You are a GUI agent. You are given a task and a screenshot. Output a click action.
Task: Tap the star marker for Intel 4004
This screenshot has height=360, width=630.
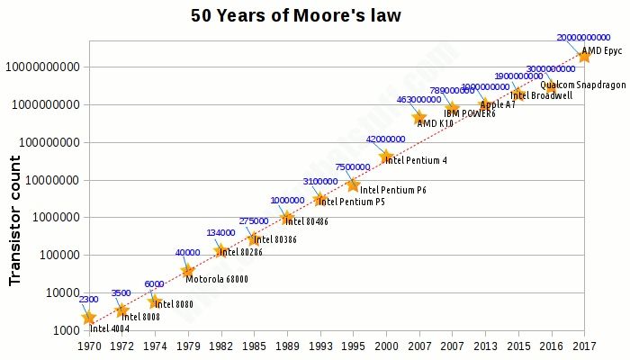88,318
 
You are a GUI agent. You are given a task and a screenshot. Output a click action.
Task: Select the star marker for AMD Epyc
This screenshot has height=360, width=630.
584,56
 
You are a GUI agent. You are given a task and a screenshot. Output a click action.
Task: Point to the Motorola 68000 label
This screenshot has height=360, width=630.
216,279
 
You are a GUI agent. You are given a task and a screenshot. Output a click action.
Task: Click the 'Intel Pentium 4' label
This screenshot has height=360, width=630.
416,161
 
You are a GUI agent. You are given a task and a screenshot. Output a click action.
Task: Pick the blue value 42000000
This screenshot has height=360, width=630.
385,139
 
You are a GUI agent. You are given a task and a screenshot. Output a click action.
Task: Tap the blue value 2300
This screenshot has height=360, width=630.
88,299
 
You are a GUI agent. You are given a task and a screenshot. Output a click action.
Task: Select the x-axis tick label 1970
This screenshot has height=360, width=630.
88,345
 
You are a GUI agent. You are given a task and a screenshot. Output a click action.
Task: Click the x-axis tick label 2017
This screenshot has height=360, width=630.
584,345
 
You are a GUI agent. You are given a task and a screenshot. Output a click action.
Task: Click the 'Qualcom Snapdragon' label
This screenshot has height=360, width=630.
582,85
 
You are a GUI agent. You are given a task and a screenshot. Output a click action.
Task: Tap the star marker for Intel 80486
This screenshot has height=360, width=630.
287,218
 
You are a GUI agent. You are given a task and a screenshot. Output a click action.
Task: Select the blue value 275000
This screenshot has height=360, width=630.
253,221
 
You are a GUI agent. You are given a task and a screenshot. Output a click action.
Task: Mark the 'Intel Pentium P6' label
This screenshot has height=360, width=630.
392,190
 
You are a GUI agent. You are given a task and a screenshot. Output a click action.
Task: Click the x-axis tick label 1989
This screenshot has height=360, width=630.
287,345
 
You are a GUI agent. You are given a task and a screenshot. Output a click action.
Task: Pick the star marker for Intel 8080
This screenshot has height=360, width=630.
155,301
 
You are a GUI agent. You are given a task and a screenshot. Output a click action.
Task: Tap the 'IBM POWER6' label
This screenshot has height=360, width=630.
469,114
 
